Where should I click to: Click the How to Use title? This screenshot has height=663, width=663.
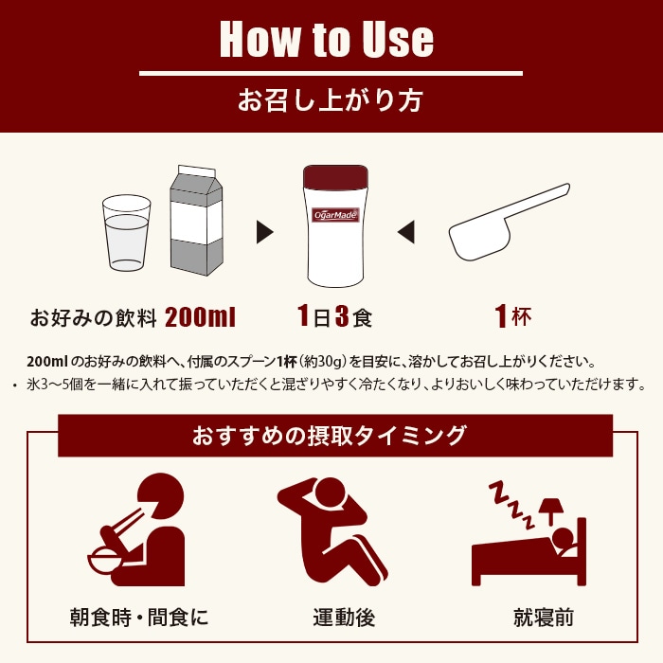[x=327, y=39]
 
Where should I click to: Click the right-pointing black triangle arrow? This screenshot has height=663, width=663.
[x=265, y=230]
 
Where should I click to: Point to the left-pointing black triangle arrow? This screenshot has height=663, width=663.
[x=405, y=230]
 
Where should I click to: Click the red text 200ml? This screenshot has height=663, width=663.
[x=200, y=316]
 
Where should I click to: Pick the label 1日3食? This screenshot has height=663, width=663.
[x=334, y=316]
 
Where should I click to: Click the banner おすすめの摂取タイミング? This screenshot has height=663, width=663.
[x=330, y=436]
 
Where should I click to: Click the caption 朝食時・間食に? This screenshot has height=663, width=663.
[x=139, y=618]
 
